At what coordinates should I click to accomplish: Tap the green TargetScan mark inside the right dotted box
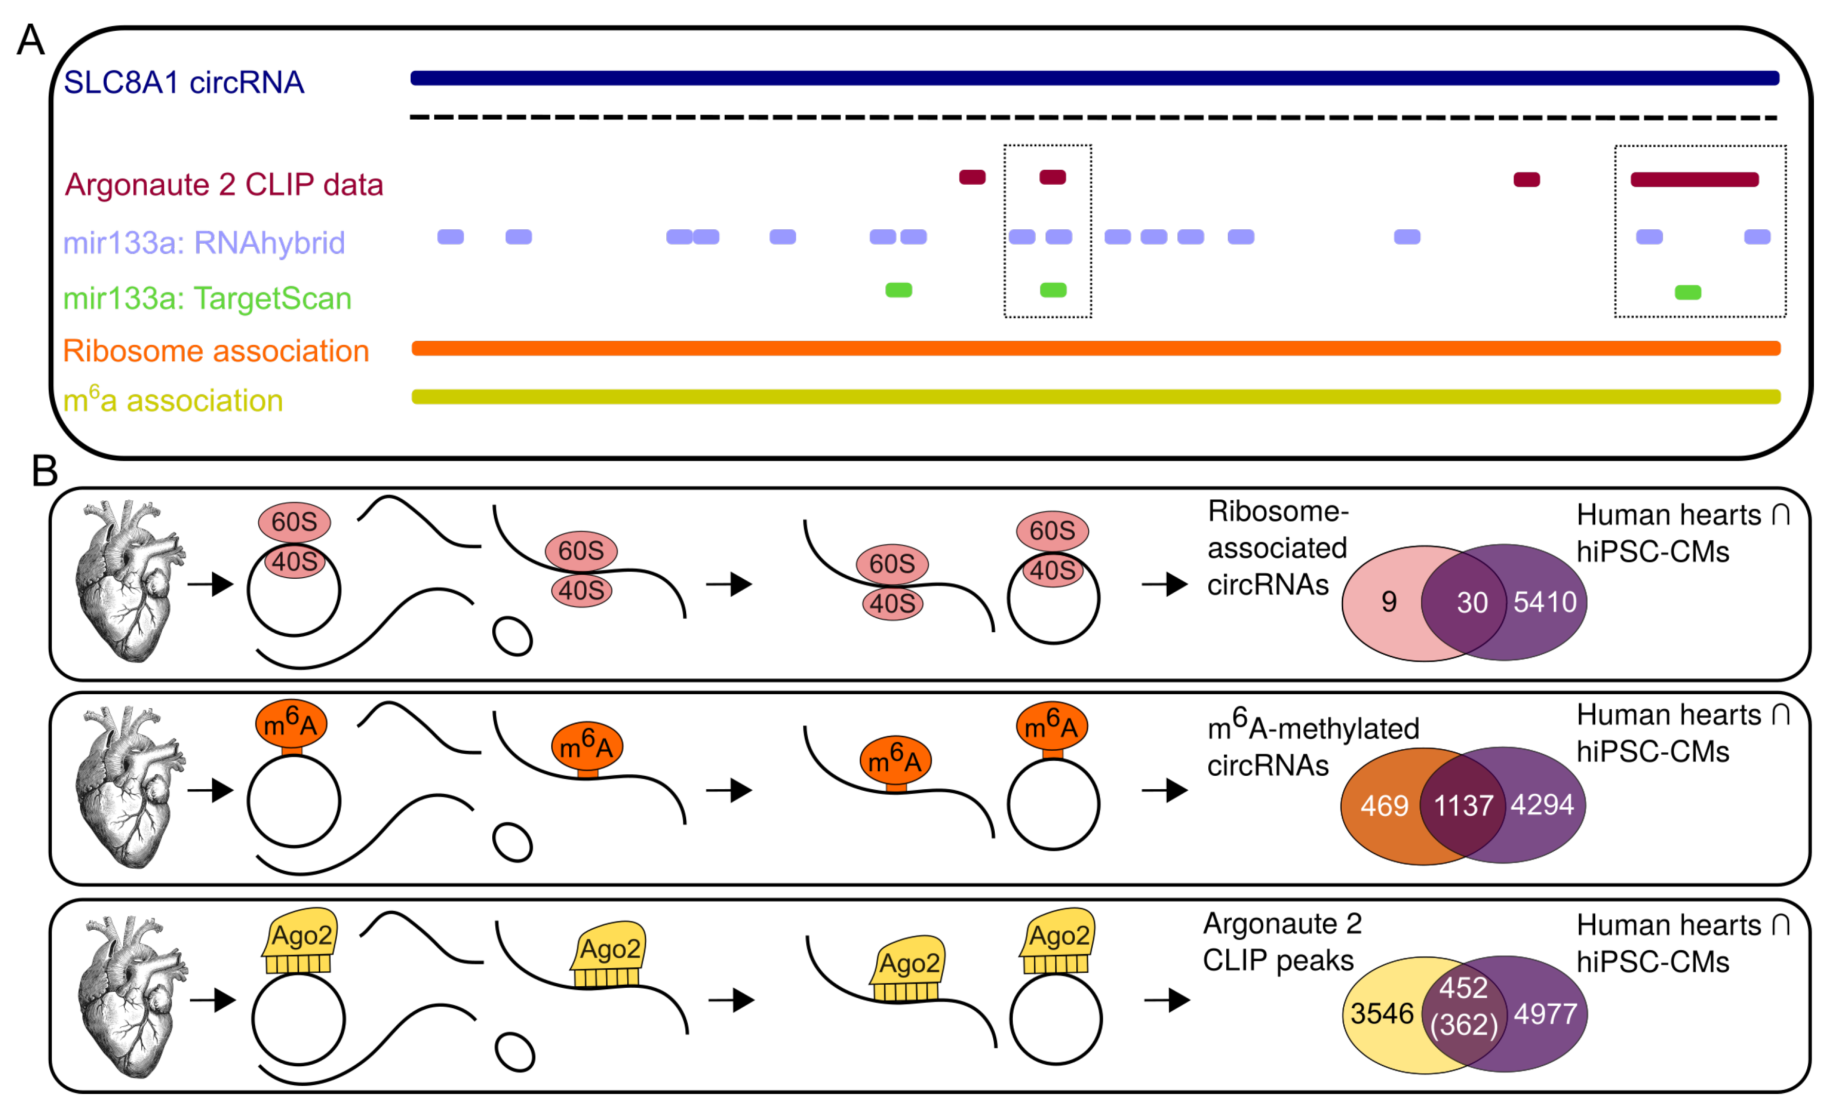point(1687,292)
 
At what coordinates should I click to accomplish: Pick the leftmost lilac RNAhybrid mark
point(450,237)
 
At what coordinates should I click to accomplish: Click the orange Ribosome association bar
point(1095,348)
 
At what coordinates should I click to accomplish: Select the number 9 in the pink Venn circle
point(1388,602)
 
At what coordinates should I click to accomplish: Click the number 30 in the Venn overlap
point(1472,602)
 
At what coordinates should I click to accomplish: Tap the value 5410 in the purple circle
point(1544,602)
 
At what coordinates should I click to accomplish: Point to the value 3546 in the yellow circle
point(1381,1014)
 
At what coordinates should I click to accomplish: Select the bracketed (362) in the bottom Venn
point(1463,1025)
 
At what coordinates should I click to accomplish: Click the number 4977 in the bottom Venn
point(1544,1014)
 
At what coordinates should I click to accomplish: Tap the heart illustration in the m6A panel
point(130,787)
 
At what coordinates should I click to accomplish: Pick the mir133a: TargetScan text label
point(207,299)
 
